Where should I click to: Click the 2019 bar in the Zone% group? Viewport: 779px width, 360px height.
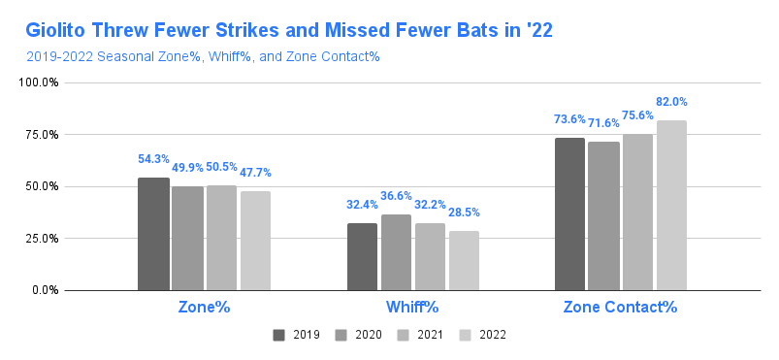pos(153,234)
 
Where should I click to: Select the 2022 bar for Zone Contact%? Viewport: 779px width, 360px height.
pos(671,206)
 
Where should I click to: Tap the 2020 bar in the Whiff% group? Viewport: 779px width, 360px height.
pos(396,252)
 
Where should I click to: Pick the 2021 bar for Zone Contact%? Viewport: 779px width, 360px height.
pos(638,212)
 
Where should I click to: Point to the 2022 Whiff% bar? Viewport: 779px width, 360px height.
pos(464,261)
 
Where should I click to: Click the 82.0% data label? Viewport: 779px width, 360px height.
pos(671,102)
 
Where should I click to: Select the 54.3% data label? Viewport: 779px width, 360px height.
pos(153,159)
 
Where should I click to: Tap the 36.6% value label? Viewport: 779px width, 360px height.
pos(396,196)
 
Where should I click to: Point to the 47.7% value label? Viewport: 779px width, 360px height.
pos(255,173)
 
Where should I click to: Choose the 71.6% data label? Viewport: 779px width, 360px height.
pos(603,123)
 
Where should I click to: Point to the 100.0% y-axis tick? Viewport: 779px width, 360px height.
pos(39,82)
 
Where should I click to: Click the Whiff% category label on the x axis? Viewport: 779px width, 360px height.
pos(412,307)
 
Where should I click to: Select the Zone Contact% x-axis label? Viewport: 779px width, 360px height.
pos(620,307)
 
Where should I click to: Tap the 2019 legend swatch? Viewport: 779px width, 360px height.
pos(278,335)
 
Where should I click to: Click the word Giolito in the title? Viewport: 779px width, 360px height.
pos(55,30)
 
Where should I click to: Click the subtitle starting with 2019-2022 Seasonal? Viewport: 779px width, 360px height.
pos(203,56)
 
